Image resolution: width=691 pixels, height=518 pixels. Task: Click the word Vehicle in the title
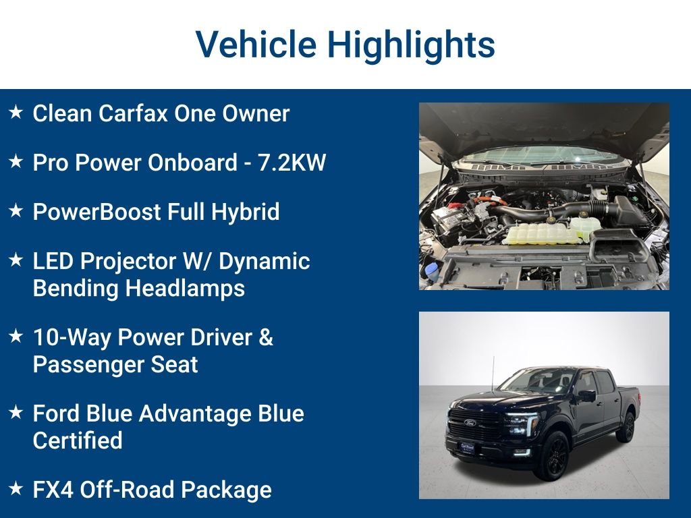pos(256,45)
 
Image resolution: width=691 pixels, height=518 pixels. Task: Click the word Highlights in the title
pos(412,45)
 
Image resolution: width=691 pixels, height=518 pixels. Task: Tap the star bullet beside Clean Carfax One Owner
pos(16,113)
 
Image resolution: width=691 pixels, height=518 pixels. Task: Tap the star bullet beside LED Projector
pos(16,260)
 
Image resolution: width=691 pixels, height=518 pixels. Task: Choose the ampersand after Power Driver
pos(265,337)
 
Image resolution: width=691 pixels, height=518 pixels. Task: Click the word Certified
pos(78,440)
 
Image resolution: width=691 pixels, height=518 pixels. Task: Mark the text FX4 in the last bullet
pos(53,490)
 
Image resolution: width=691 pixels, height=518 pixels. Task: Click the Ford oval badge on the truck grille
pos(469,423)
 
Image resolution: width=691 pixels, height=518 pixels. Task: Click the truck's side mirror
pos(586,396)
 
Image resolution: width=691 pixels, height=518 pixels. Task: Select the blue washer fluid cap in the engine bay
pos(433,271)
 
